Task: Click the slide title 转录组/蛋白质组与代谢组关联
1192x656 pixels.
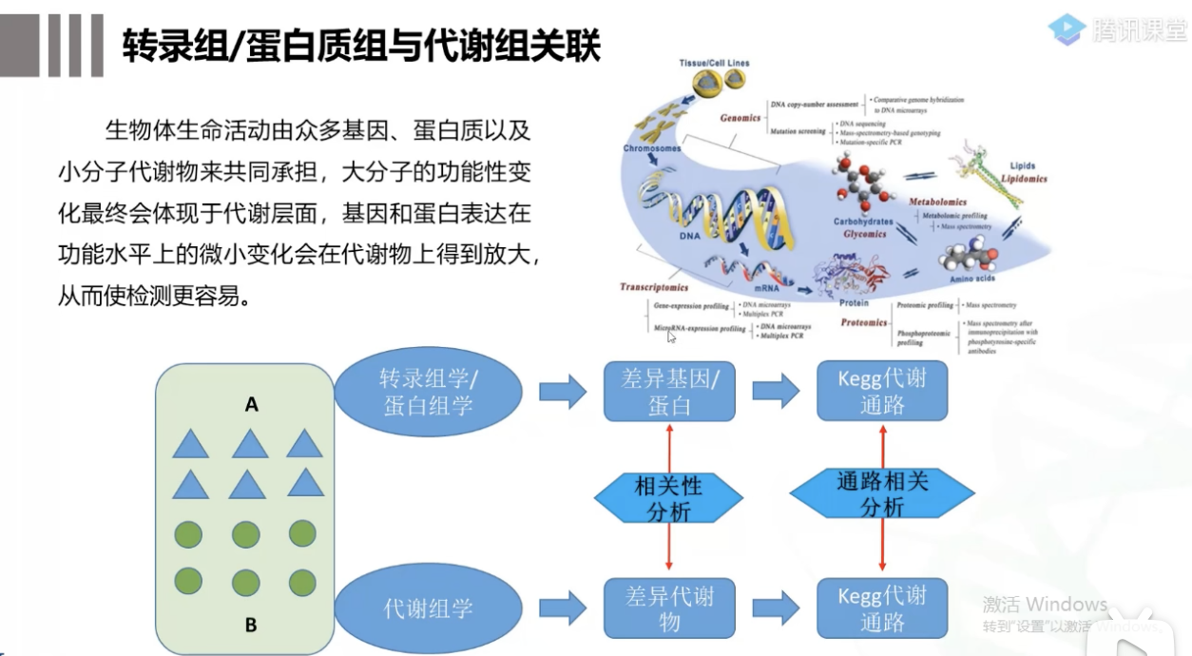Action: [x=361, y=45]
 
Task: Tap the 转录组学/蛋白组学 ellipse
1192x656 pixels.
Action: [x=428, y=392]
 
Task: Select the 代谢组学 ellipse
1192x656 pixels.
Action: [x=428, y=608]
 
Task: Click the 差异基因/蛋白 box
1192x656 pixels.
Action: [x=669, y=392]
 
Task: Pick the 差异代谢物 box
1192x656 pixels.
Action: [x=669, y=608]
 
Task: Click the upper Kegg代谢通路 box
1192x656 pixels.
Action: [x=882, y=391]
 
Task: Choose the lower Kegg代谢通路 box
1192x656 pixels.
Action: [x=882, y=608]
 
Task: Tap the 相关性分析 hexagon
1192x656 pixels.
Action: [x=668, y=498]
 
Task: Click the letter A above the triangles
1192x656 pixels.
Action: [x=251, y=405]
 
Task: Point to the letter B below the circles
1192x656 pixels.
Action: [x=251, y=625]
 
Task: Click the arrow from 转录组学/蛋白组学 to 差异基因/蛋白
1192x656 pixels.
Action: [x=562, y=392]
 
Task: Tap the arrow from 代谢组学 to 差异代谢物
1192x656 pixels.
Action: [x=562, y=608]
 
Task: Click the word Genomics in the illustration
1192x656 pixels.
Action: [x=740, y=119]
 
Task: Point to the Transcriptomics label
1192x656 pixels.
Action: [x=654, y=286]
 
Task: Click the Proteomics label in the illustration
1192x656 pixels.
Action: [x=863, y=323]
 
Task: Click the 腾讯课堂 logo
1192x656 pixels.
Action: [x=1118, y=29]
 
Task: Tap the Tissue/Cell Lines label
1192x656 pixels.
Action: [x=714, y=63]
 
